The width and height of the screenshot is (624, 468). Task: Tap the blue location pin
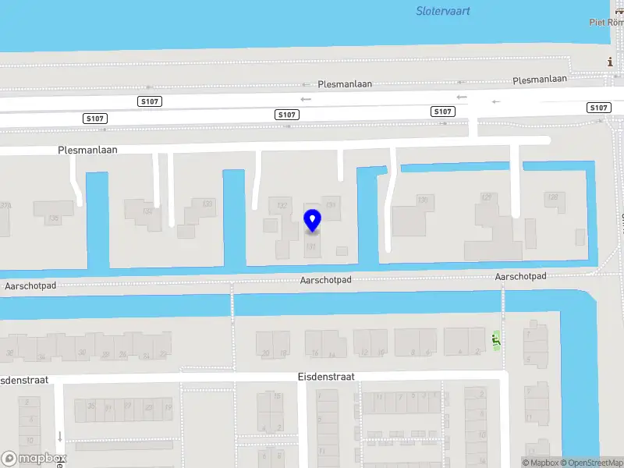coord(312,221)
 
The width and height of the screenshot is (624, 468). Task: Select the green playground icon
coord(495,339)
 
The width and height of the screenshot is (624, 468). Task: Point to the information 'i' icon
coord(611,62)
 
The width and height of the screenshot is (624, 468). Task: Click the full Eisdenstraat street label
coord(326,376)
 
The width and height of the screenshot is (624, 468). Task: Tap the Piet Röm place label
coord(605,22)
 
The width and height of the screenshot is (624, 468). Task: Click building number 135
coord(53,218)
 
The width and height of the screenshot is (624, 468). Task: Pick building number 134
coord(147,211)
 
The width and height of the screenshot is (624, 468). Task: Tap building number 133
coord(207,204)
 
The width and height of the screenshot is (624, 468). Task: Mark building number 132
coord(282,204)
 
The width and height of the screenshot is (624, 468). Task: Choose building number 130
coord(423,200)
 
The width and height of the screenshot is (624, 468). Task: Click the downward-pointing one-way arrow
coord(59,437)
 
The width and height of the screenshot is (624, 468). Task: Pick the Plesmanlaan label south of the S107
coord(87,149)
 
